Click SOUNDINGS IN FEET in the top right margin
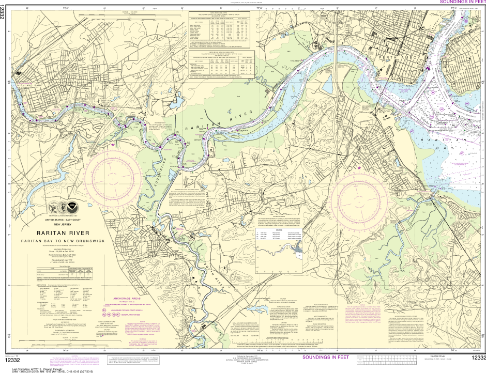point(460,3)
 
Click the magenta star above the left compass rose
point(113,145)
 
